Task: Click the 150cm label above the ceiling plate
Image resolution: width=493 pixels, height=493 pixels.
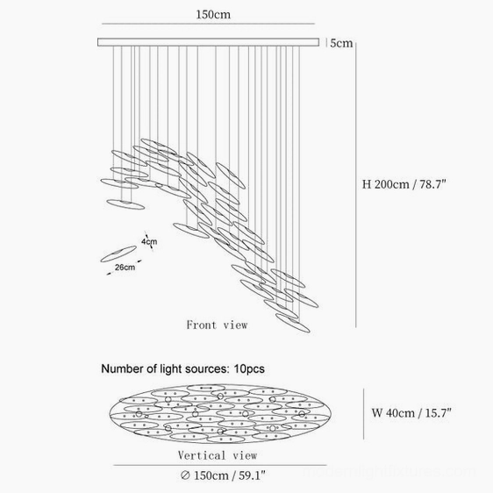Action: (x=213, y=14)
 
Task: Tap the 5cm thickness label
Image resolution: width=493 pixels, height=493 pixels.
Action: (x=341, y=43)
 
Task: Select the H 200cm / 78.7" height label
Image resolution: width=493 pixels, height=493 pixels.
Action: (x=404, y=184)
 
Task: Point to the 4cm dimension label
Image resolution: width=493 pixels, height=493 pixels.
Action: (x=149, y=241)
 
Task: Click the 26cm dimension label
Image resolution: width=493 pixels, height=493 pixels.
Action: (x=125, y=268)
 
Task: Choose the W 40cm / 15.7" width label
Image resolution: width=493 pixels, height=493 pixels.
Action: (x=411, y=412)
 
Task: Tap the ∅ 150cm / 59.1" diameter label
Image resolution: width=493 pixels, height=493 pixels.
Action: (x=223, y=475)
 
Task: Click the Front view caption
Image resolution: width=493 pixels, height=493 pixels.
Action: (x=217, y=325)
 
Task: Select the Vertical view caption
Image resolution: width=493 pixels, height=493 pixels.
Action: (x=218, y=455)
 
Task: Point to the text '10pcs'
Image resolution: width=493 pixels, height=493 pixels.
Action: (x=249, y=368)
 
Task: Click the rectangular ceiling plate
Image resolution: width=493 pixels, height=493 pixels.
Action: (x=208, y=42)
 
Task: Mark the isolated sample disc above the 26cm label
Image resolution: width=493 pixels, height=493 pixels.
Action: (x=118, y=254)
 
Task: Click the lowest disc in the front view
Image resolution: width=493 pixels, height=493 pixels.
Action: (x=293, y=323)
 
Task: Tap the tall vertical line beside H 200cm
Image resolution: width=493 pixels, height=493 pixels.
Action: (x=355, y=185)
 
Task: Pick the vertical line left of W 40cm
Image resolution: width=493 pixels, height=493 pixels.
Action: (x=364, y=413)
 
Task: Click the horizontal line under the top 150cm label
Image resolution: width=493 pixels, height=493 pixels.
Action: (x=208, y=24)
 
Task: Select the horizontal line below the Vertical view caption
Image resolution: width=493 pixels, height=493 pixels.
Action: (x=220, y=465)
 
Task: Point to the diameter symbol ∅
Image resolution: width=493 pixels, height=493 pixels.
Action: (x=185, y=475)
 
